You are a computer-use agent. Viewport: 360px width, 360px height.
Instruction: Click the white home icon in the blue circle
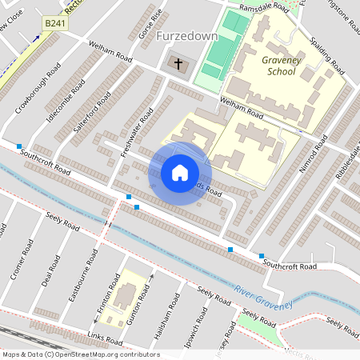click(180, 173)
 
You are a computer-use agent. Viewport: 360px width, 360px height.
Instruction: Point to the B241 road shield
click(53, 25)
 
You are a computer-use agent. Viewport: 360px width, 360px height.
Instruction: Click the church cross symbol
click(178, 62)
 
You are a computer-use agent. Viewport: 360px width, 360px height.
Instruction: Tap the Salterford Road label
click(93, 113)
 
